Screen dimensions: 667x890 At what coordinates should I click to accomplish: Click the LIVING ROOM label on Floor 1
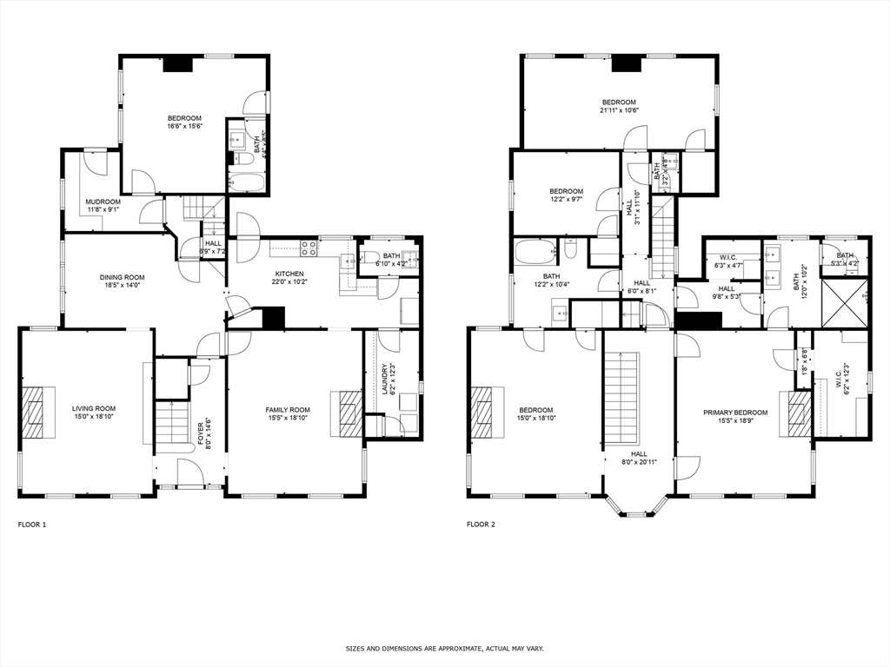click(x=94, y=408)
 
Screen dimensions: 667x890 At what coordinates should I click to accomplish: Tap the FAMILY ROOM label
click(x=288, y=409)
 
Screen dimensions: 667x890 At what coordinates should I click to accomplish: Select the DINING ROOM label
click(x=122, y=277)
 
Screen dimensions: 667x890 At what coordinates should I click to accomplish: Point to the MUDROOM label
click(x=103, y=201)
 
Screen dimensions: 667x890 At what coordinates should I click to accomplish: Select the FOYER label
click(x=201, y=432)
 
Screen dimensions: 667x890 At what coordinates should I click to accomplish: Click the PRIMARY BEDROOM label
click(x=735, y=413)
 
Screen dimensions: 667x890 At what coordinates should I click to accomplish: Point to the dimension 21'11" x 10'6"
click(x=619, y=110)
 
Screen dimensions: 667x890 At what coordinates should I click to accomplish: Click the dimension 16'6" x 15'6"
click(x=184, y=127)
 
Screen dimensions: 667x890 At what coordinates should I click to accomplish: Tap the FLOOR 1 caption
click(x=32, y=525)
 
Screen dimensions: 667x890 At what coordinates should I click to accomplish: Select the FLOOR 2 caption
click(x=481, y=525)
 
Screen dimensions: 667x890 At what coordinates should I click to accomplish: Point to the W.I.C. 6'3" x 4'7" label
click(x=730, y=261)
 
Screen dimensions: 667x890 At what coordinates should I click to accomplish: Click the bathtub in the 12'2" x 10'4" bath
click(x=534, y=253)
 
